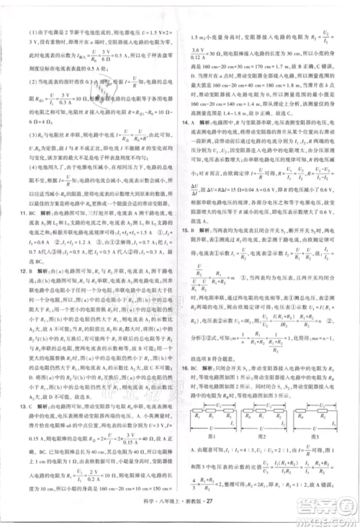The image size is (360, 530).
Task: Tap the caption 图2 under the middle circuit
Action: click(x=271, y=457)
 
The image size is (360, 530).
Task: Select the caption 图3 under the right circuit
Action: click(x=323, y=457)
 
